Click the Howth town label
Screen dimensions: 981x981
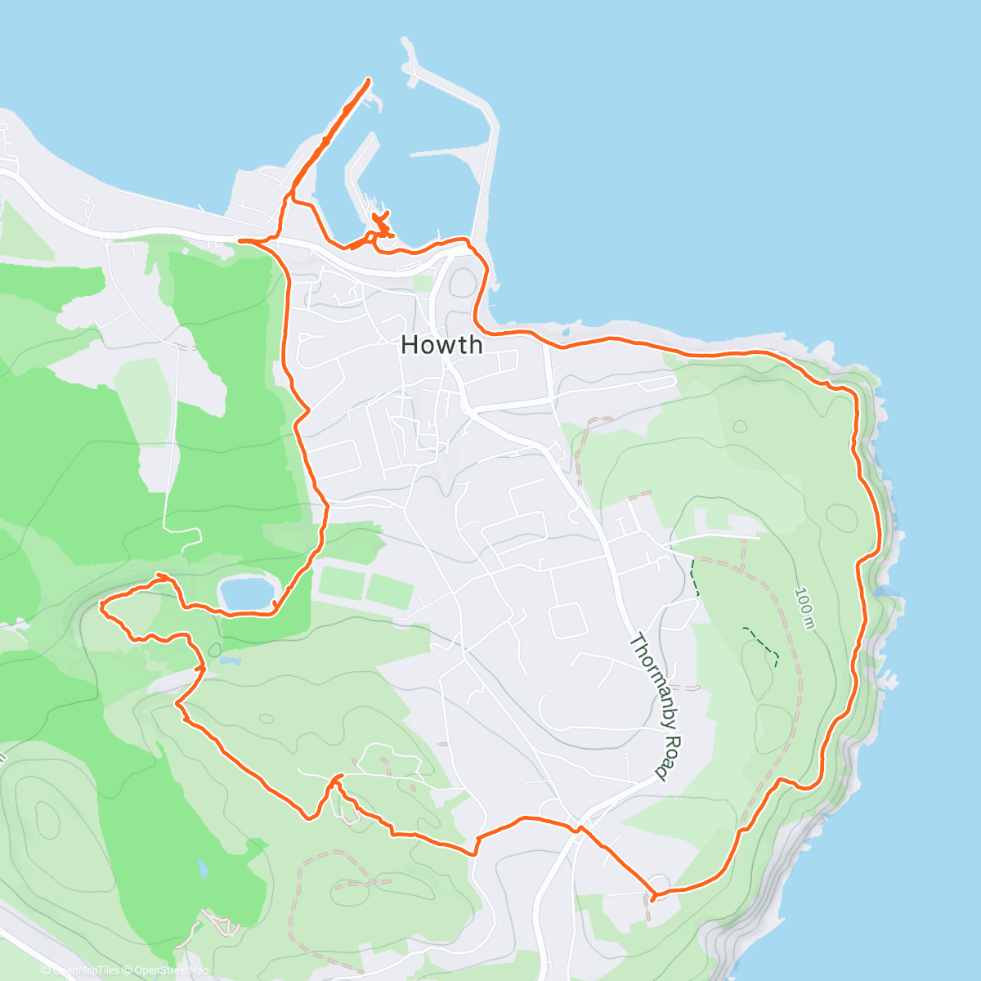coord(441,345)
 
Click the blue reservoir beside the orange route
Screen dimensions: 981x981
coord(246,592)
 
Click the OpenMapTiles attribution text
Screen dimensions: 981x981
coord(85,970)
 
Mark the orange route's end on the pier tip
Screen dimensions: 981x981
coord(368,80)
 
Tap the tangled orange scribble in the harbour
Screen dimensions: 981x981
coord(380,224)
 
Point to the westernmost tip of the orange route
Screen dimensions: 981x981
coord(101,606)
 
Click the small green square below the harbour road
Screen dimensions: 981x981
coord(422,284)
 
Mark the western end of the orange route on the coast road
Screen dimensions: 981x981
coord(239,240)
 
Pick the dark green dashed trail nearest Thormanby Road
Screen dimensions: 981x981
coord(695,577)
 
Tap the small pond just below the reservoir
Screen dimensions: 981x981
coord(230,659)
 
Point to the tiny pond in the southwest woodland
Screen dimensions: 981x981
coord(201,868)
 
